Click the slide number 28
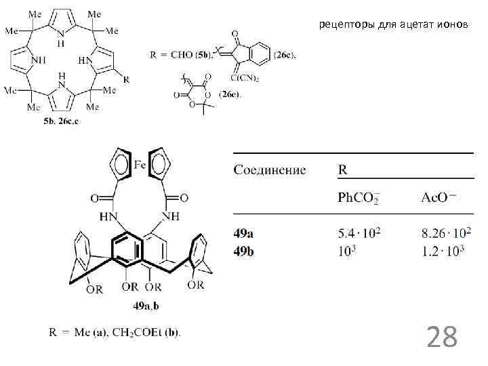tap(441, 335)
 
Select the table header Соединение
tap(270, 169)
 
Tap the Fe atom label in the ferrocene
tap(140, 163)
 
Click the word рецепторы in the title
tap(346, 26)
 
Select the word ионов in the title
tap(452, 26)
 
